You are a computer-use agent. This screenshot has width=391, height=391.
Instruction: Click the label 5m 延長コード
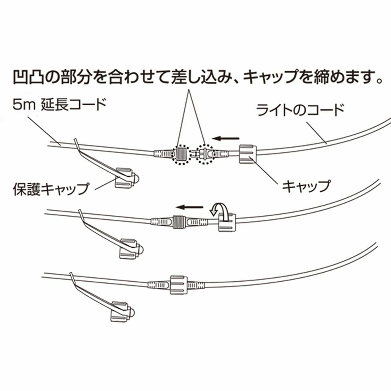tap(60, 105)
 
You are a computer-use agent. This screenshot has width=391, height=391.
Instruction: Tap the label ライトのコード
tap(300, 109)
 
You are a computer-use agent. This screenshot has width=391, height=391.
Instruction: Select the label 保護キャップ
tap(51, 189)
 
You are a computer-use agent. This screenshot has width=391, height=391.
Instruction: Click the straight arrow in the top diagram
tap(226, 138)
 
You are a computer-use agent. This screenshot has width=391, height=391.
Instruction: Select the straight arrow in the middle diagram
tap(189, 207)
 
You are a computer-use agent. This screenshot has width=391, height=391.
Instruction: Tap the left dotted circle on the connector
tap(182, 155)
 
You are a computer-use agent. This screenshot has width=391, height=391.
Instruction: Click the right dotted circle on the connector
tap(205, 155)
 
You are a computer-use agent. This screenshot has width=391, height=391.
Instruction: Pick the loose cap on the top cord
tap(248, 154)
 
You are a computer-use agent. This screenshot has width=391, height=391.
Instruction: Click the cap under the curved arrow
tap(227, 222)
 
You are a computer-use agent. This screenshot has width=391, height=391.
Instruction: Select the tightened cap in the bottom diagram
tap(178, 285)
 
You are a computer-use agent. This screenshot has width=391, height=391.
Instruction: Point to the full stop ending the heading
tap(379, 81)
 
